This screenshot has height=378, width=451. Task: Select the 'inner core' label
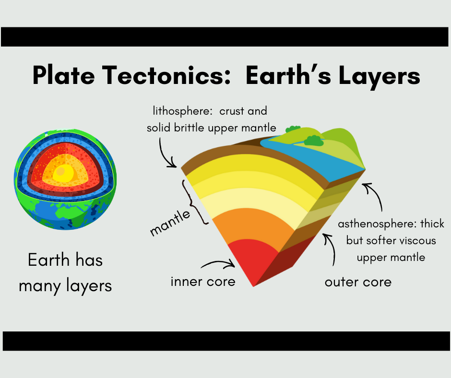point(203,281)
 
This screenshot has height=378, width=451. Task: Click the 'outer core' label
point(358,282)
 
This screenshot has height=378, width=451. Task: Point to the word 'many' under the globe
point(38,286)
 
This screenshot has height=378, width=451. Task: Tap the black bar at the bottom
point(225,341)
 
